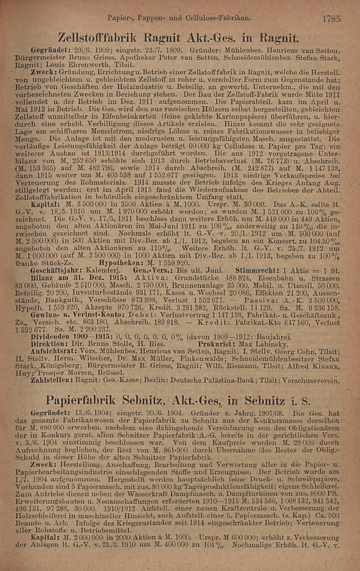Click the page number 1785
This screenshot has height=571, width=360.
[331, 18]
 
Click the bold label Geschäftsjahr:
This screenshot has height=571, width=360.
[55, 270]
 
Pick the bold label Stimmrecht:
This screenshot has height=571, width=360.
[257, 270]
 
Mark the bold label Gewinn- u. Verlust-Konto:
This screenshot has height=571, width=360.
[78, 315]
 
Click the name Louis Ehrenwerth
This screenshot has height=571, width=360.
[73, 65]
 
